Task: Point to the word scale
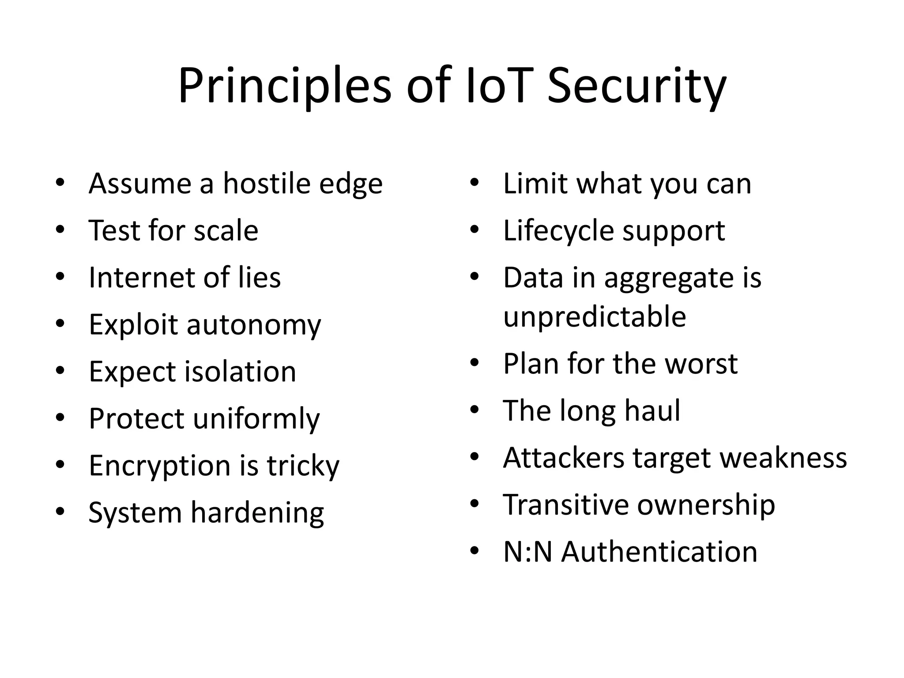click(226, 230)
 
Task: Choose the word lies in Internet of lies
click(260, 278)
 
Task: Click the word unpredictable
click(594, 317)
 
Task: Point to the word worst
click(701, 364)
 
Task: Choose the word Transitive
click(566, 505)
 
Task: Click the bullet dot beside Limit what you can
click(475, 183)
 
